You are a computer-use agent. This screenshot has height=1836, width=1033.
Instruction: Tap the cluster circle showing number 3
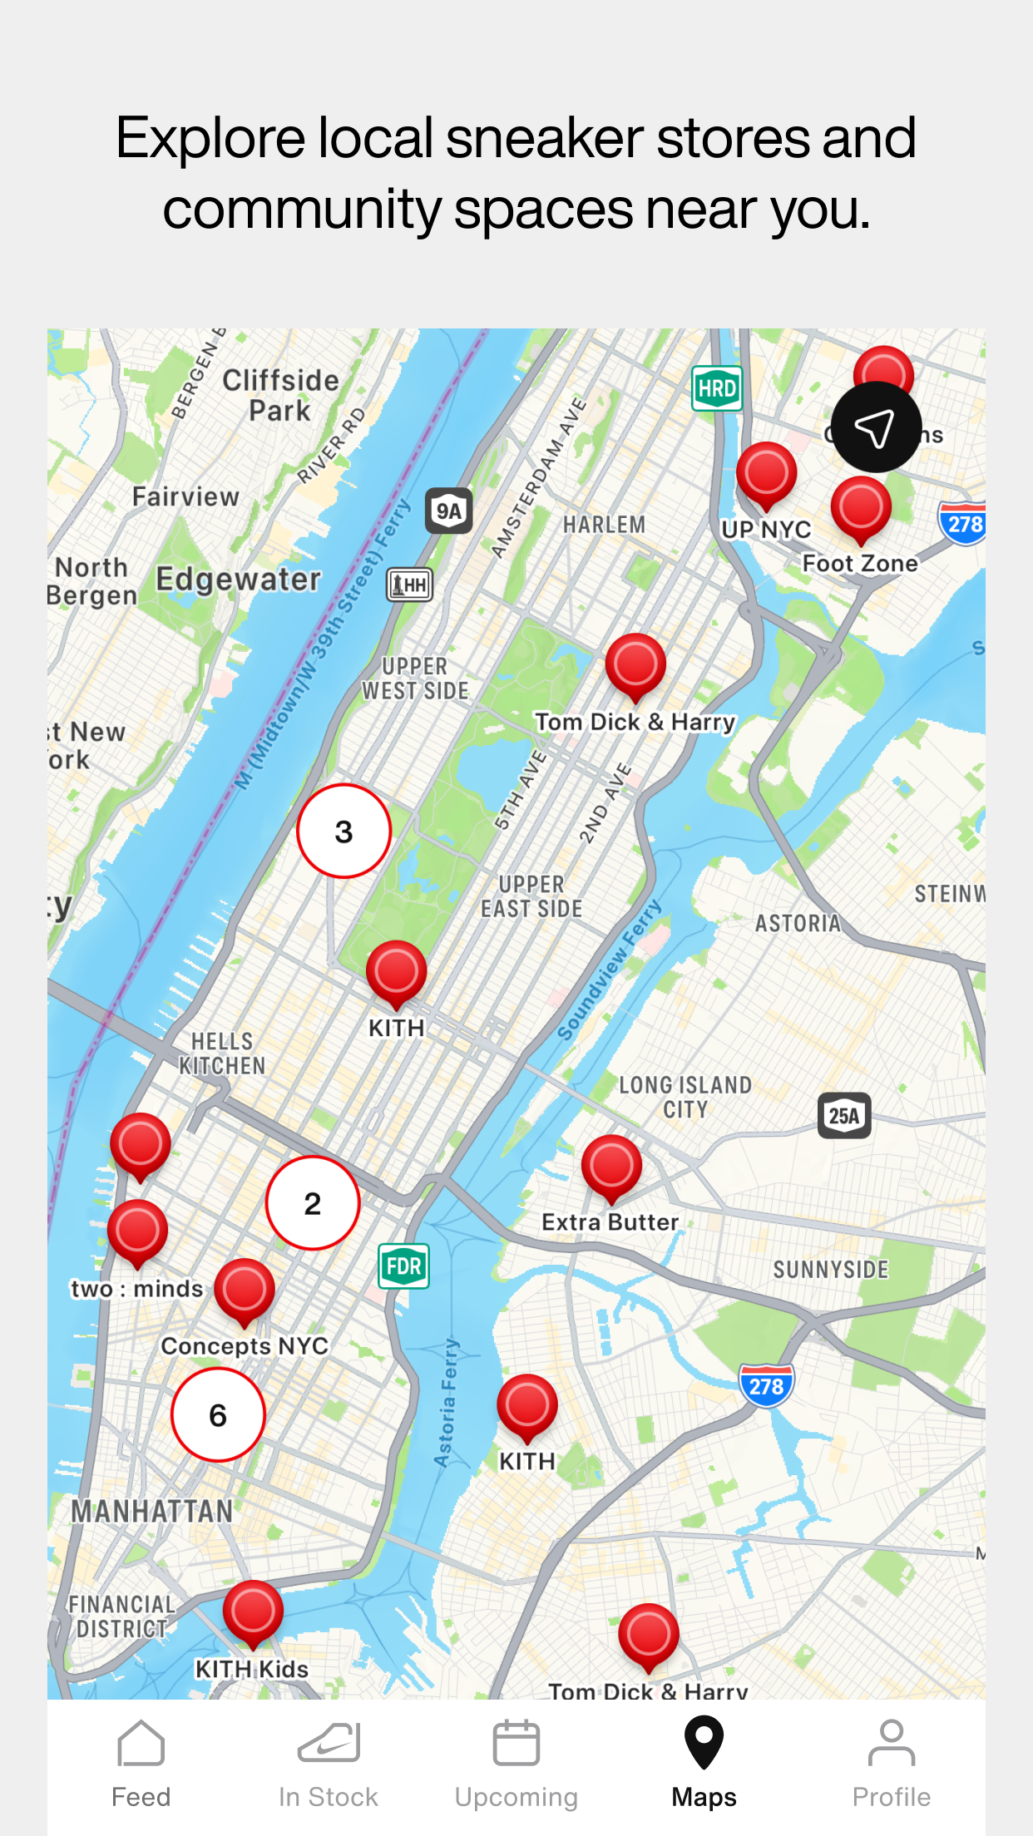click(344, 831)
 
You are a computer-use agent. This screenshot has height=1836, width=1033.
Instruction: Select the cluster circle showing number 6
click(218, 1414)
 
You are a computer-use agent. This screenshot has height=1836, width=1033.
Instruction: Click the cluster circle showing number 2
click(313, 1202)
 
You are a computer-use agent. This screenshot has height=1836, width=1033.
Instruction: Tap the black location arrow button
click(876, 427)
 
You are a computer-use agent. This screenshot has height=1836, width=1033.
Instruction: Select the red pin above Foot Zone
click(861, 508)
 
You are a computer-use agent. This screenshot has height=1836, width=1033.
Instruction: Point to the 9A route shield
click(449, 511)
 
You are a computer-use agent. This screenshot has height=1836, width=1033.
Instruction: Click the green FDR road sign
click(403, 1266)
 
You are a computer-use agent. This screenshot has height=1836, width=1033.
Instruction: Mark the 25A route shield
click(844, 1115)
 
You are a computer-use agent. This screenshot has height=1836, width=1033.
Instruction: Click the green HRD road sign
click(717, 388)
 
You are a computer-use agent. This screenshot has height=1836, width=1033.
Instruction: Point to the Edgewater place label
click(238, 579)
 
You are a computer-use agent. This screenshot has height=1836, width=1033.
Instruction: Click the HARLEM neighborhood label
click(604, 525)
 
